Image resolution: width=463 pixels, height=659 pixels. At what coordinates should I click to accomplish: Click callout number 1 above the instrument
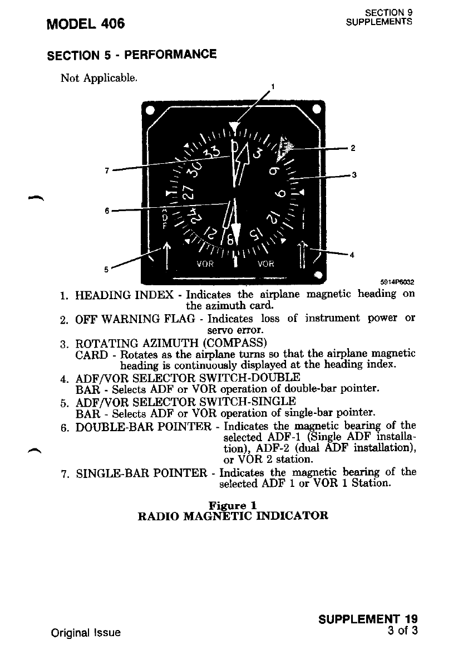coord(273,86)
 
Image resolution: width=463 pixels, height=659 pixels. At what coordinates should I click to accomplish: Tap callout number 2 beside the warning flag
coord(352,148)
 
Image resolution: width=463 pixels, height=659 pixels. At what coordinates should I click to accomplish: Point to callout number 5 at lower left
coord(106,270)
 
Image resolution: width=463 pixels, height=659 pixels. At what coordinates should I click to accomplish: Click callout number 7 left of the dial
coord(106,170)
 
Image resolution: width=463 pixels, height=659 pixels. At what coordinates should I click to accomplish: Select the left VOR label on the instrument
coord(207,265)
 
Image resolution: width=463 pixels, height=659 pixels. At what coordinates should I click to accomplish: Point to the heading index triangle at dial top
coord(237,128)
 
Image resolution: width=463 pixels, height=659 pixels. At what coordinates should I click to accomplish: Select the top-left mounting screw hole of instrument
coord(150,109)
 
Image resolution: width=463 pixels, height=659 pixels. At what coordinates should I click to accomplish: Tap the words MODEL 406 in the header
coord(86,24)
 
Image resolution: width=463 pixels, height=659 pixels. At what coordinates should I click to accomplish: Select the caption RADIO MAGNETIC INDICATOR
coord(233,515)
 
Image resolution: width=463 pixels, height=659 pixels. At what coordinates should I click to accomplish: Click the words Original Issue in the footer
coord(86,633)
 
